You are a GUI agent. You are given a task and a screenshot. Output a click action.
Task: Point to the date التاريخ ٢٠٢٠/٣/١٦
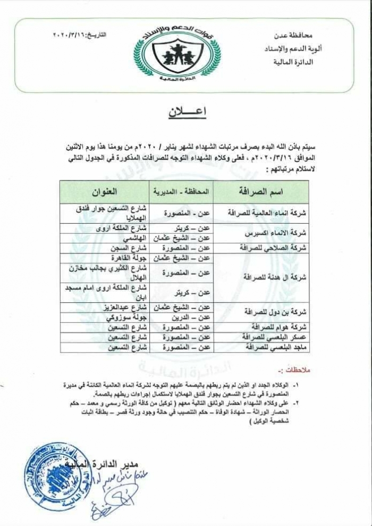point(80,35)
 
